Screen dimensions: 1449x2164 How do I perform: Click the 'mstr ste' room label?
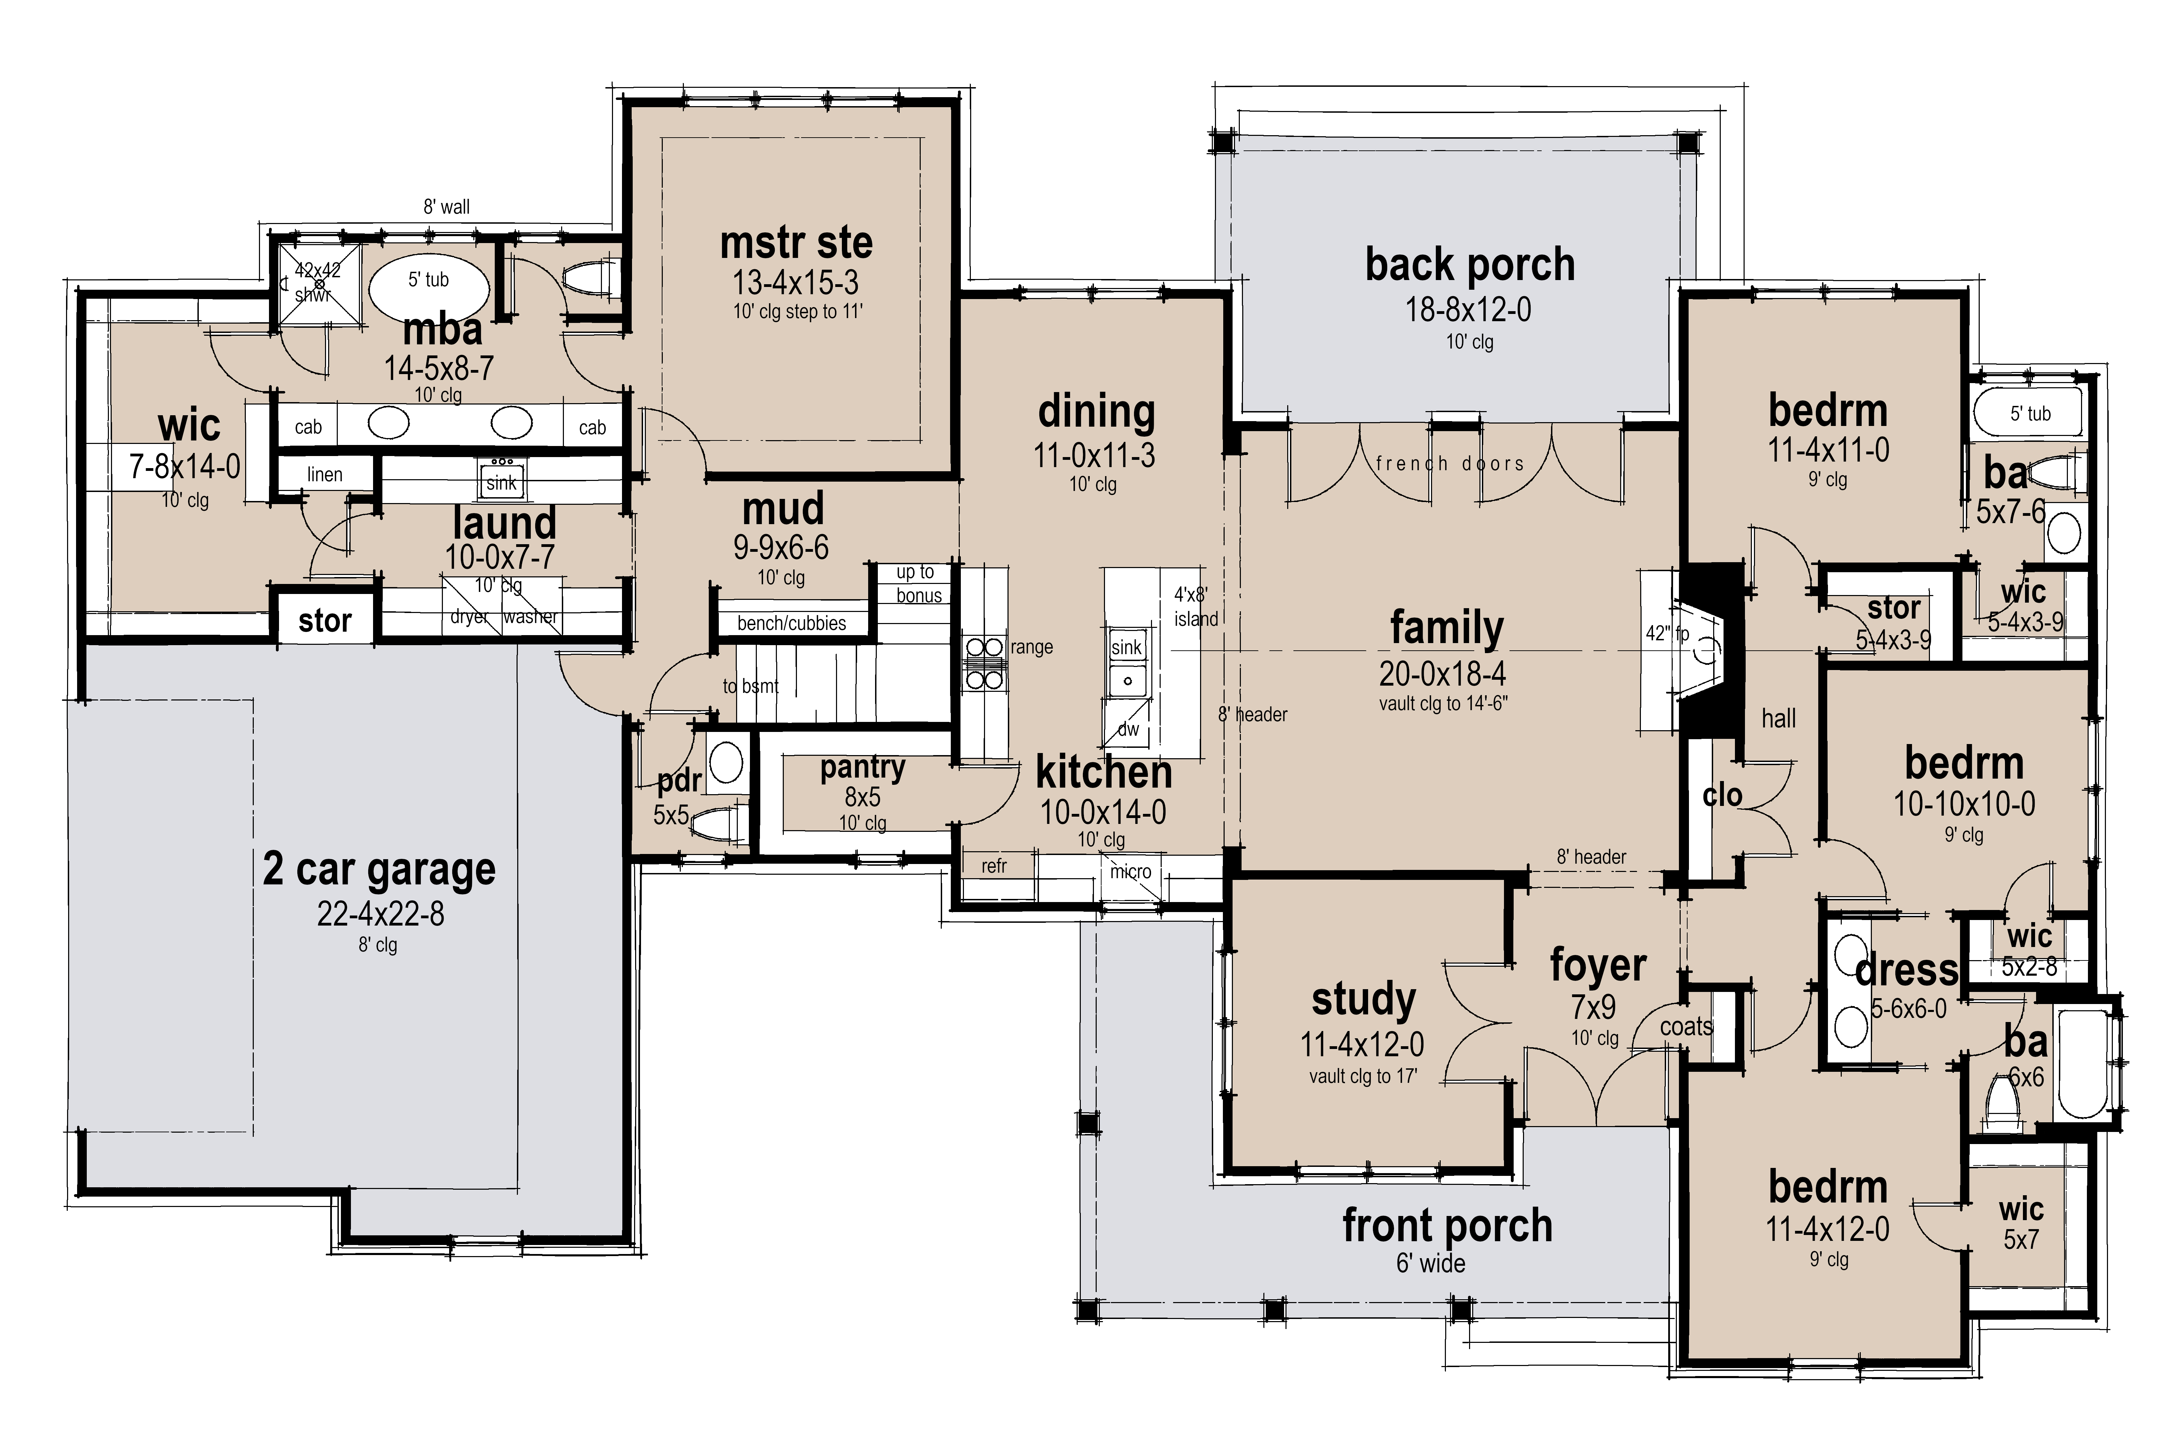(796, 243)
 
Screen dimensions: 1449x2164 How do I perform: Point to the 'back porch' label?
(1469, 265)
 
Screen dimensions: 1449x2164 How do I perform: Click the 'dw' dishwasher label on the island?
(1128, 729)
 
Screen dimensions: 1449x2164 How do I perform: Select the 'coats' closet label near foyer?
(1686, 1027)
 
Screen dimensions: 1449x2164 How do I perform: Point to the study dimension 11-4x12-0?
(1362, 1045)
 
